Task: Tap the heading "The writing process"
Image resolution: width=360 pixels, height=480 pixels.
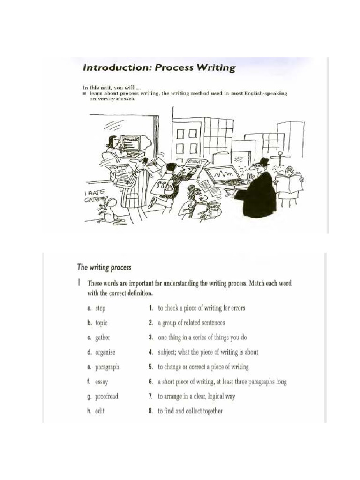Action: click(104, 268)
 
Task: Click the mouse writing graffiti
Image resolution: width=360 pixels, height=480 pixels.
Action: click(111, 210)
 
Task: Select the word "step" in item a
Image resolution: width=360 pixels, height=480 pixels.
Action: click(100, 308)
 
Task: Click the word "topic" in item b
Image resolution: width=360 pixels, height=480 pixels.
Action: click(101, 323)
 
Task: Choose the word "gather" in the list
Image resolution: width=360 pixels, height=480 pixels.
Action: click(103, 337)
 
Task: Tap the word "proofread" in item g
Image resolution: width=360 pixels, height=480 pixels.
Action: click(106, 397)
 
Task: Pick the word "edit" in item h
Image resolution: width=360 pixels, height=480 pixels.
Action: click(99, 411)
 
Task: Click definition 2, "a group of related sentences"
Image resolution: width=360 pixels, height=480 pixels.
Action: click(191, 323)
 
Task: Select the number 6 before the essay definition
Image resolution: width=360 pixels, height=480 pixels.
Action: click(151, 382)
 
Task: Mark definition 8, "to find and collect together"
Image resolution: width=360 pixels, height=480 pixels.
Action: click(190, 411)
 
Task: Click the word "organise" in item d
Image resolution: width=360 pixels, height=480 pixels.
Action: click(105, 352)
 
